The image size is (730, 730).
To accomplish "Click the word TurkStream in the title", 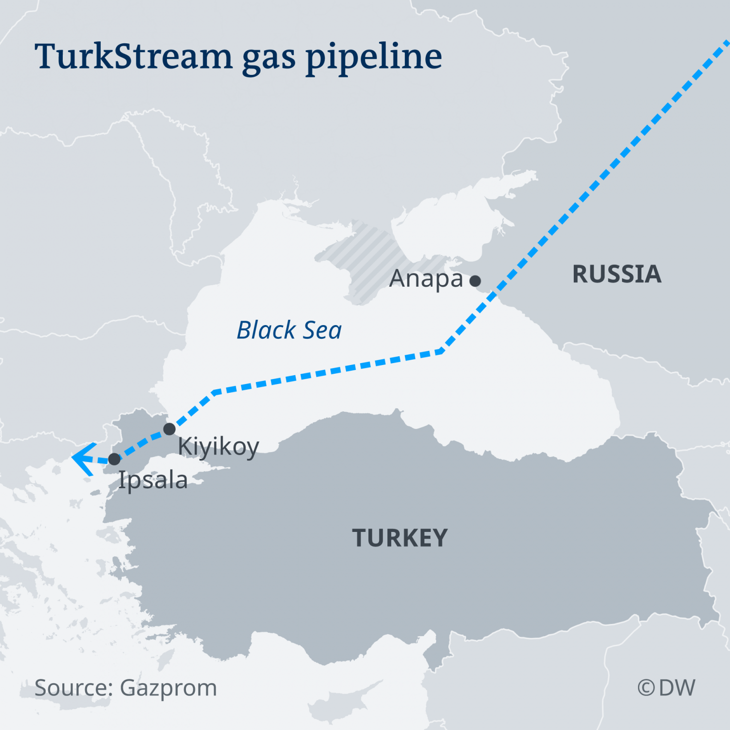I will [133, 56].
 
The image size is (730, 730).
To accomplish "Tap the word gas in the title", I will [269, 59].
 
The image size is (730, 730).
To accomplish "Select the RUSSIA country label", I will [617, 274].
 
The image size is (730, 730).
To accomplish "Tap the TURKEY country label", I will [400, 538].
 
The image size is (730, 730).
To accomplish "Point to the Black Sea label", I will [289, 330].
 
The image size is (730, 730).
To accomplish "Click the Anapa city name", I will [426, 279].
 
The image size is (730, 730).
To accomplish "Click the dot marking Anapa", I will [475, 281].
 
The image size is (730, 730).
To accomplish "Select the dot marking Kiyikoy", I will [169, 429].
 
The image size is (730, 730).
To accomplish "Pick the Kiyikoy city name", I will [219, 447].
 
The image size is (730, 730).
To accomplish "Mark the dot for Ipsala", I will [114, 459].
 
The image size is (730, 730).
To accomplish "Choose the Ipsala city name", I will [153, 480].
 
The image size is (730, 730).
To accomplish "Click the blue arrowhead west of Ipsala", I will [82, 458].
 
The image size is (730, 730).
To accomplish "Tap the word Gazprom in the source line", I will [168, 688].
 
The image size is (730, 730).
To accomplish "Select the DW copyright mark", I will [666, 688].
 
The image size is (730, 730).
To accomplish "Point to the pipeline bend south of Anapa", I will [441, 351].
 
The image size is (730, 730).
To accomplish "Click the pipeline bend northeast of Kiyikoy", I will [214, 391].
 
